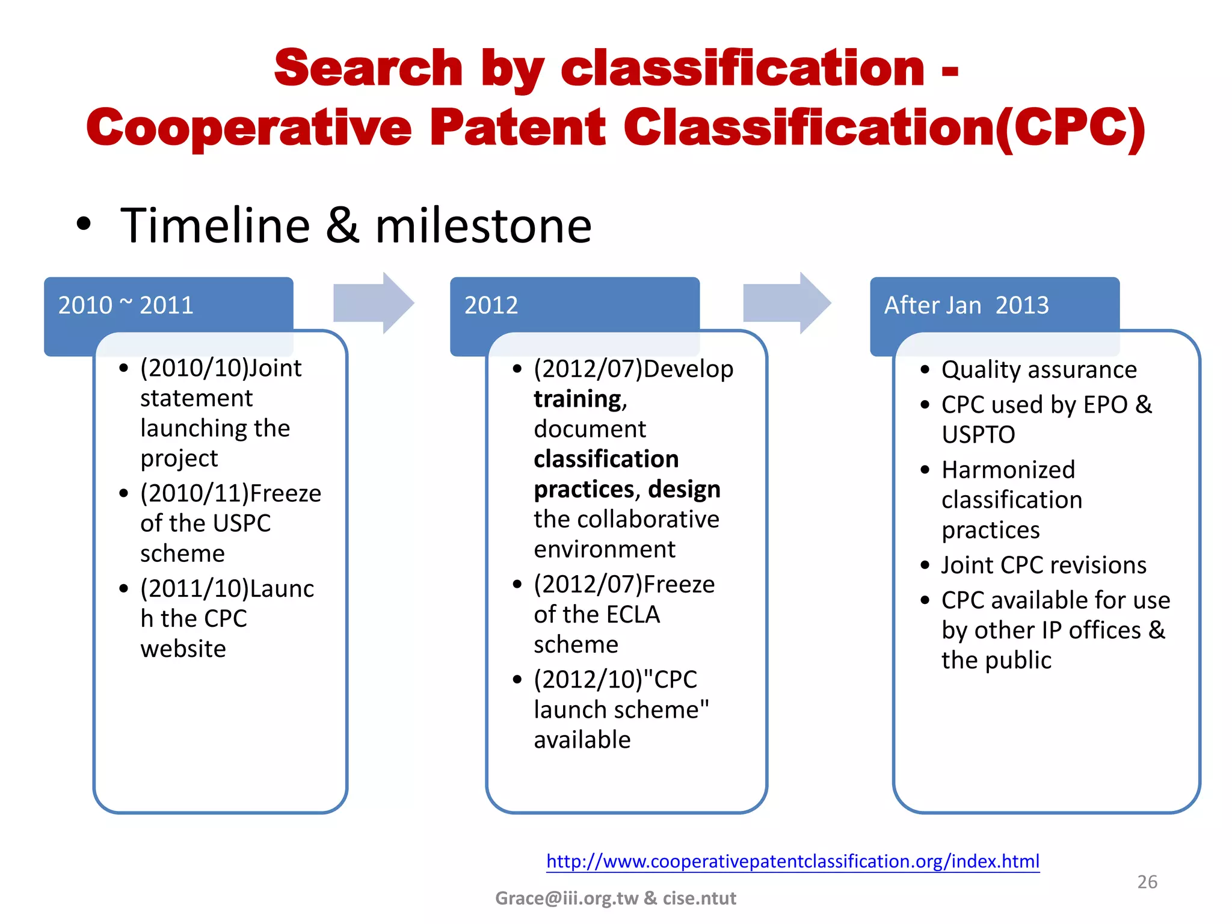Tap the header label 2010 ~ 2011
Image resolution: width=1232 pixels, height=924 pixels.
click(126, 305)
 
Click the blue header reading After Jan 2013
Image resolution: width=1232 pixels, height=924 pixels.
click(966, 305)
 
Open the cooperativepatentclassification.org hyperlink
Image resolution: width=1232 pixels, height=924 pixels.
click(792, 861)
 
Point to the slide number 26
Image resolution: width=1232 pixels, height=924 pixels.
click(1147, 882)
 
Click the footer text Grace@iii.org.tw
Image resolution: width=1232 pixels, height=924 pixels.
click(566, 898)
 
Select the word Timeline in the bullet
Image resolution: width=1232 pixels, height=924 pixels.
click(215, 226)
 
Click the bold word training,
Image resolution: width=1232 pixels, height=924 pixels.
click(580, 399)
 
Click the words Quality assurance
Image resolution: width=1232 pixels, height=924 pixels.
click(1039, 369)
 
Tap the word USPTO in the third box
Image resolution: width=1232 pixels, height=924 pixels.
click(978, 435)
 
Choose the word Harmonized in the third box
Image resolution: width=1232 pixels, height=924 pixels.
click(1008, 470)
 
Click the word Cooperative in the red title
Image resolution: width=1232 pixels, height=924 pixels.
click(248, 128)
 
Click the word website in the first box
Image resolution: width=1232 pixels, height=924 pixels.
click(183, 649)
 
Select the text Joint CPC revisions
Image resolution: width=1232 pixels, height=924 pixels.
click(1044, 565)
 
